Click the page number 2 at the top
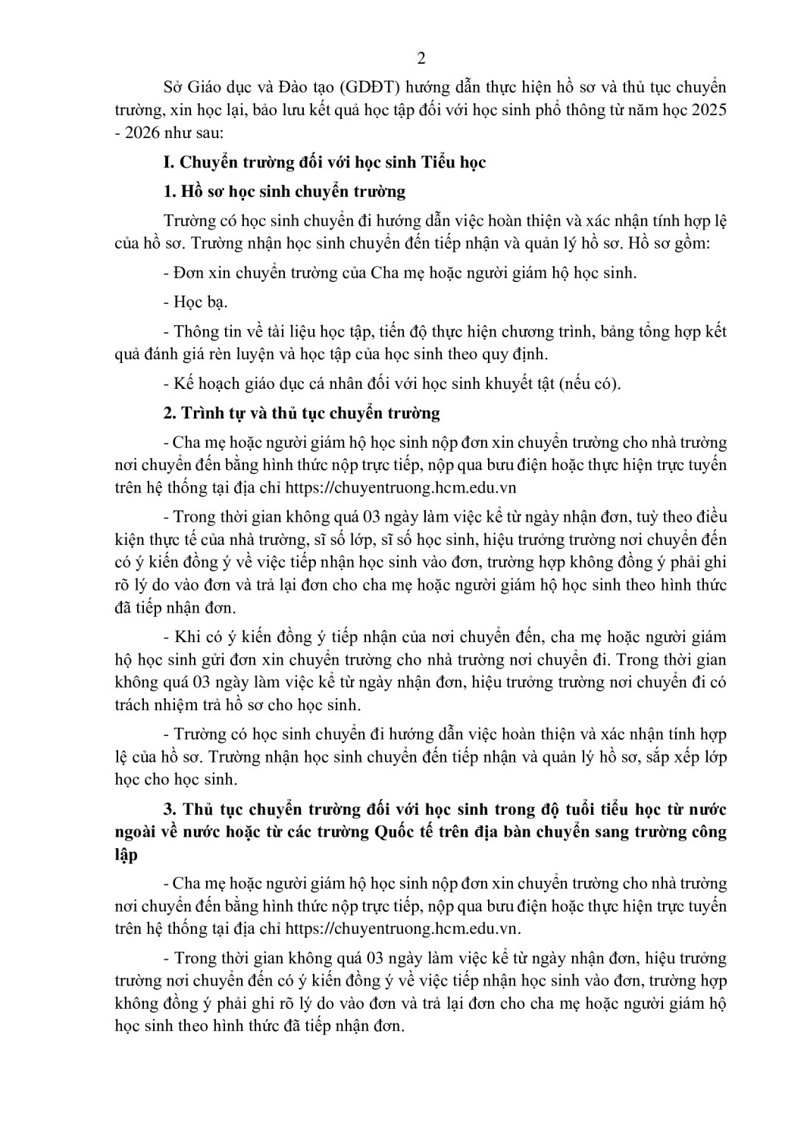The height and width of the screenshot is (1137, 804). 421,60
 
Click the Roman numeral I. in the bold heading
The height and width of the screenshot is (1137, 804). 168,162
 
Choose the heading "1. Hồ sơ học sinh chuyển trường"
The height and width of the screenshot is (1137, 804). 284,191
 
